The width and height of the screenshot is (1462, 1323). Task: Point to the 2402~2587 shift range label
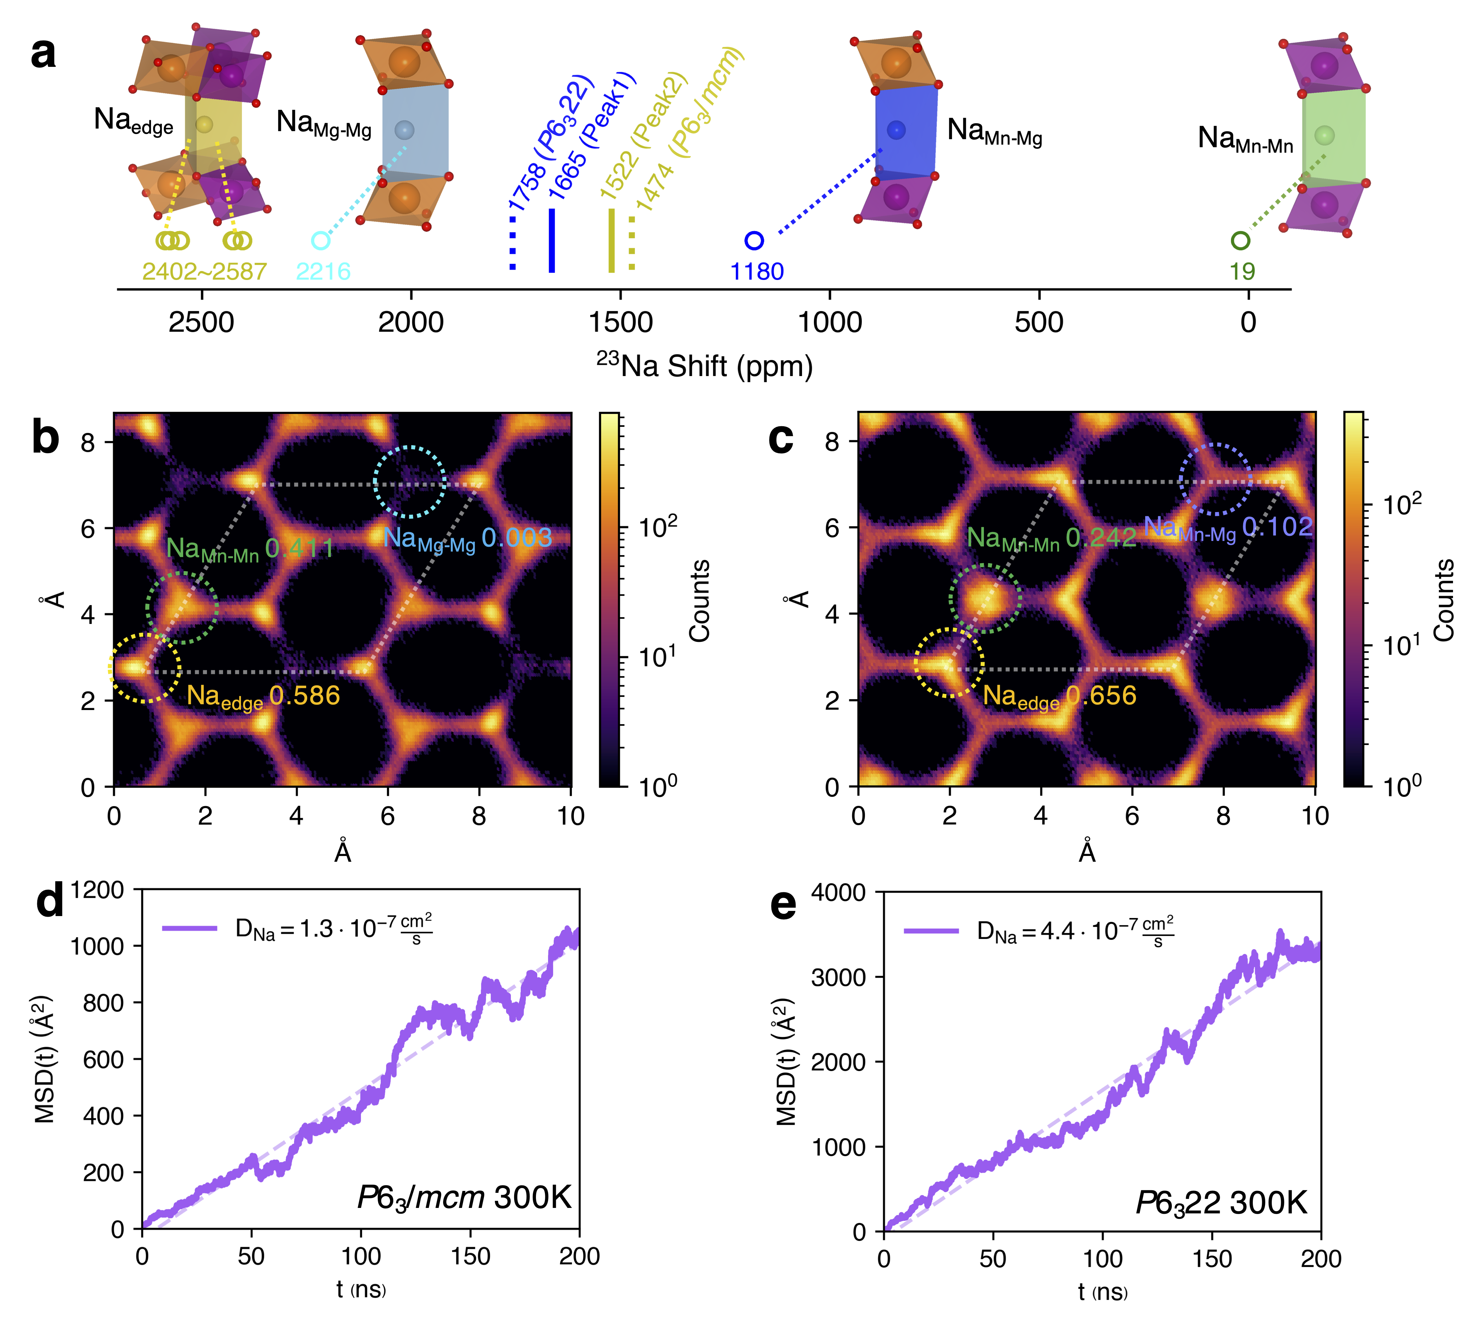204,271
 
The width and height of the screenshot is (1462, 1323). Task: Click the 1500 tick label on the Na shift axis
621,323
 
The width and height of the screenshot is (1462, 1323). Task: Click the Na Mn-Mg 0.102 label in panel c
1228,528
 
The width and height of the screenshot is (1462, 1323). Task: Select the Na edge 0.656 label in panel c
1059,697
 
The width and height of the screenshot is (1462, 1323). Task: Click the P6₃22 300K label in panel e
1220,1203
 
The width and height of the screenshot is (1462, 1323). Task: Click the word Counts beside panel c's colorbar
1443,600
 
